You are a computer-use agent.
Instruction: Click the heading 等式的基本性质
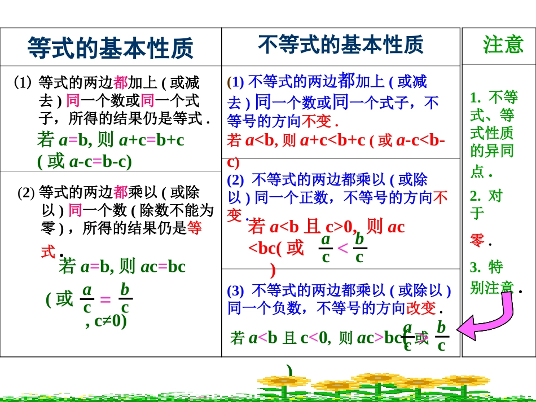(110, 48)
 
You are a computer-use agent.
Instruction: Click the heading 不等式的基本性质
(340, 45)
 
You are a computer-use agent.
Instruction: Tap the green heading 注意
(503, 45)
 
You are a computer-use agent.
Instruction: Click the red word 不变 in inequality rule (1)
(317, 121)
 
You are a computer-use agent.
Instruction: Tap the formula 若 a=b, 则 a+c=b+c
(111, 140)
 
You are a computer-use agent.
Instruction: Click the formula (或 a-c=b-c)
(85, 162)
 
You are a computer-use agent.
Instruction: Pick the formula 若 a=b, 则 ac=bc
(122, 266)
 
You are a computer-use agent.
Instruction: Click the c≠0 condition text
(106, 321)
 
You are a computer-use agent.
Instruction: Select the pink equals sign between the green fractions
(105, 300)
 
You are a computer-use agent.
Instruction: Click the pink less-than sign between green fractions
(342, 249)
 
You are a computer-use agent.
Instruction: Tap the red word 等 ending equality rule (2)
(194, 228)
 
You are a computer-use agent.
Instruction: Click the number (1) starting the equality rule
(23, 83)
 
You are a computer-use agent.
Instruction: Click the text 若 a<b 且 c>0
(302, 227)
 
